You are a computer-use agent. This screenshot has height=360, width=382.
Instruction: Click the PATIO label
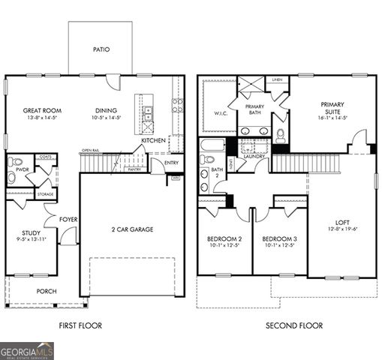pyautogui.click(x=101, y=49)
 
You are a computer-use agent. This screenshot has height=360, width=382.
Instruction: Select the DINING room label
pyautogui.click(x=105, y=110)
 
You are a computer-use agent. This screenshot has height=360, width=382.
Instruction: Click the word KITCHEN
pyautogui.click(x=154, y=140)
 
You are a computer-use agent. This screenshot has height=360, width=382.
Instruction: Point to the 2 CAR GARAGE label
pyautogui.click(x=132, y=229)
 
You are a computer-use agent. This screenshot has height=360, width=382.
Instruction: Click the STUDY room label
pyautogui.click(x=31, y=233)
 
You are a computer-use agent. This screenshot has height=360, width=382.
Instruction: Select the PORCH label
pyautogui.click(x=47, y=291)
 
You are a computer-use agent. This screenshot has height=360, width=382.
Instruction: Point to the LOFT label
pyautogui.click(x=341, y=223)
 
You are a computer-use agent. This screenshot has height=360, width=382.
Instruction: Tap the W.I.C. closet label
pyautogui.click(x=220, y=114)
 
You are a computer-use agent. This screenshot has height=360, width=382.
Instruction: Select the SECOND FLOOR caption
pyautogui.click(x=294, y=325)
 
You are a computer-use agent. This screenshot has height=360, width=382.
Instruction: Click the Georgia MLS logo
pyautogui.click(x=27, y=349)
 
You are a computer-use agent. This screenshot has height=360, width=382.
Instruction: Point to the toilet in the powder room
pyautogui.click(x=16, y=163)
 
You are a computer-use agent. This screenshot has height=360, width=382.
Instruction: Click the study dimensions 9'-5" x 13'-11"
pyautogui.click(x=31, y=241)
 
